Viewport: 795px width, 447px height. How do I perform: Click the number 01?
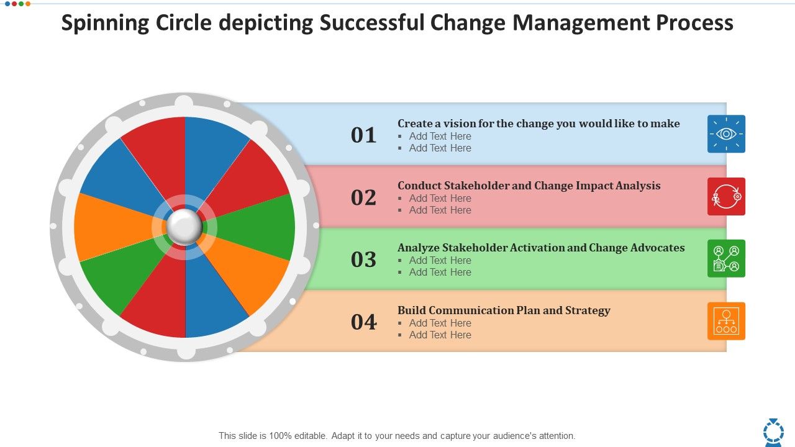click(364, 135)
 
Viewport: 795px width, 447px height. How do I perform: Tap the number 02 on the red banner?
click(364, 197)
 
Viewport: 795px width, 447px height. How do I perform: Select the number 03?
click(364, 260)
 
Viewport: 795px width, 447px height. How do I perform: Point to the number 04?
click(364, 322)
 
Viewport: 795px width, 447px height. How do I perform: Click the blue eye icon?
click(726, 134)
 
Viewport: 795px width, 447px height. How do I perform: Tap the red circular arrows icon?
click(726, 197)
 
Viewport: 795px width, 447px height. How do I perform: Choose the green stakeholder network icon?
click(726, 259)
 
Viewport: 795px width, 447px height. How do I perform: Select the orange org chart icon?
click(726, 322)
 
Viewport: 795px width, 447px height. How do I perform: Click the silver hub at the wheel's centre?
click(184, 227)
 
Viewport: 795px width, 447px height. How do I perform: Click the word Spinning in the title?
click(106, 23)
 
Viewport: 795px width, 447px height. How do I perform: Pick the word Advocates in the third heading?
click(655, 248)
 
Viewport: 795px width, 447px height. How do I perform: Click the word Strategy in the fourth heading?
click(588, 310)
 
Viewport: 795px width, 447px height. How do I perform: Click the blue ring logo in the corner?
click(773, 431)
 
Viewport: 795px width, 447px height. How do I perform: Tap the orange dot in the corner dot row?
click(28, 4)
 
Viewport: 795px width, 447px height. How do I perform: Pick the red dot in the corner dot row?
click(6, 4)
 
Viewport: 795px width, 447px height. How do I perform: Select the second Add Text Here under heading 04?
click(440, 335)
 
